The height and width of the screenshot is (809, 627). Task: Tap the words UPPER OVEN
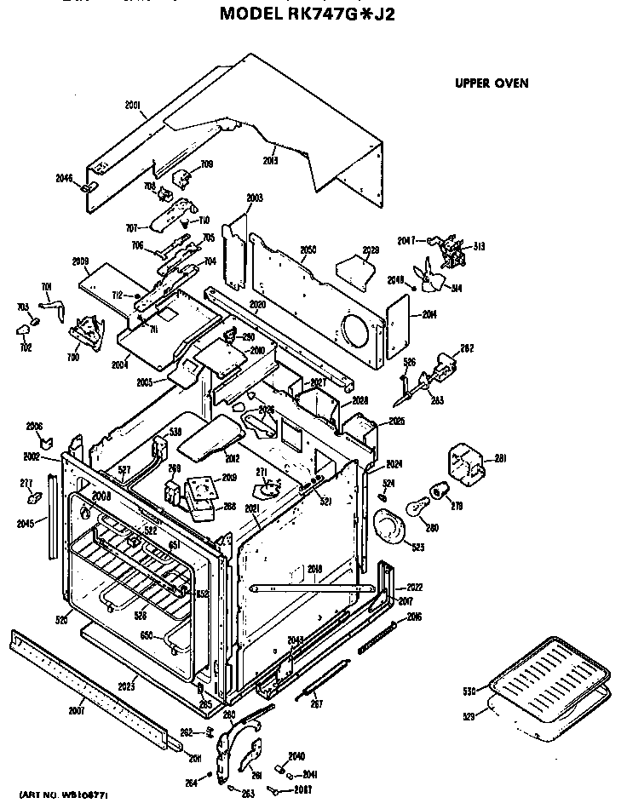[x=492, y=83]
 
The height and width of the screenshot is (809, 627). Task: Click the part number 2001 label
[x=132, y=106]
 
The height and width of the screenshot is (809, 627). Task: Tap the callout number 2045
[x=26, y=523]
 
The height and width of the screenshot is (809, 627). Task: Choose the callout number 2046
[x=64, y=179]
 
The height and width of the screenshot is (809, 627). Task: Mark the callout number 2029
[x=371, y=250]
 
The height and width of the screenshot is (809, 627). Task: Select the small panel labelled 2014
[x=395, y=328]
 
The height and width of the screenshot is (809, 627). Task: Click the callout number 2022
[x=414, y=588]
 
